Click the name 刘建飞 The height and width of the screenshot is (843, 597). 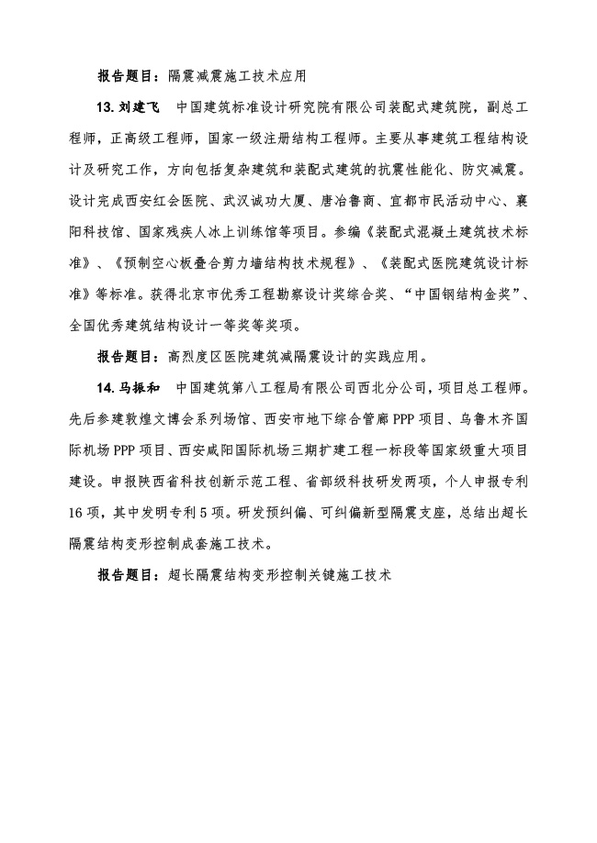tap(139, 108)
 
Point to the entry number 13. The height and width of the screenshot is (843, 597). tap(107, 108)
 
